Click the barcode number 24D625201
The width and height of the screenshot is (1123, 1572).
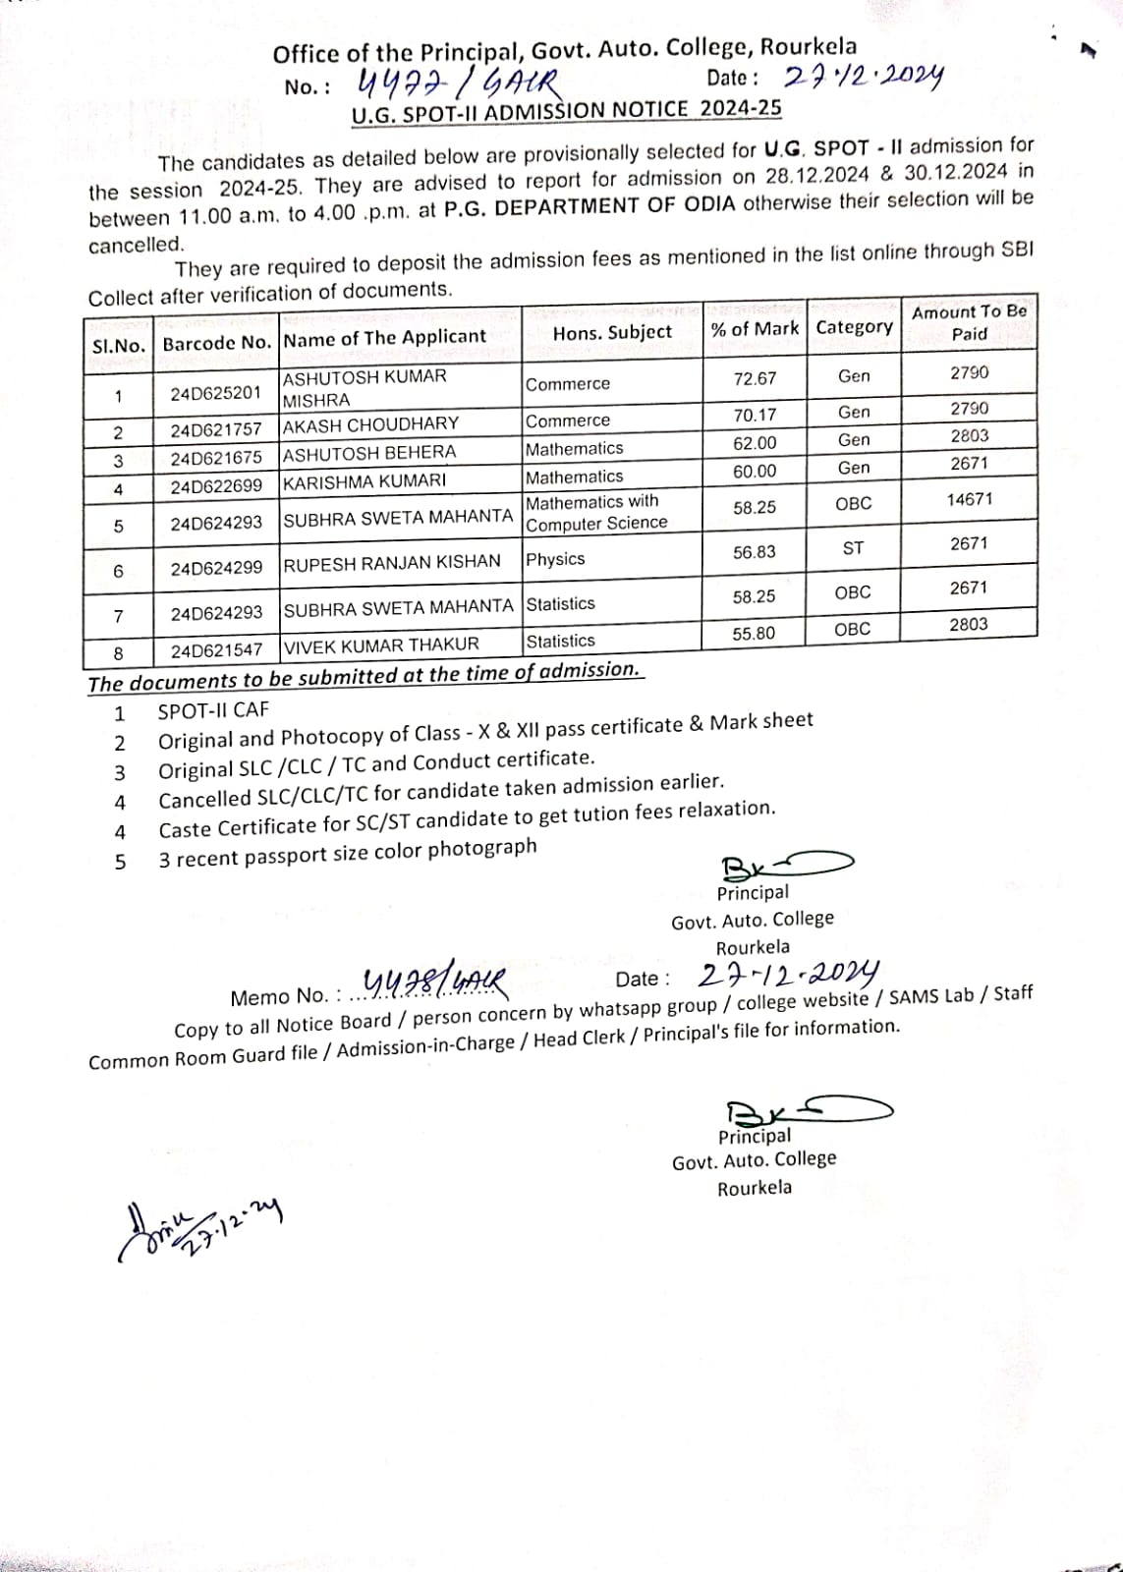(216, 393)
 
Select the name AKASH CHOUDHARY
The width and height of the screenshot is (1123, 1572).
(370, 424)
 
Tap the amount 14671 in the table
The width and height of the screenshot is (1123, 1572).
(969, 499)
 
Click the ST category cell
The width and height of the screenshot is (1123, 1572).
(853, 548)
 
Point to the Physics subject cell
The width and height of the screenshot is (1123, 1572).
(555, 559)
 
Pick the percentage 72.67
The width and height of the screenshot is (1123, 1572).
(755, 378)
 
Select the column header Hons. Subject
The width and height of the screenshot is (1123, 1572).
(612, 333)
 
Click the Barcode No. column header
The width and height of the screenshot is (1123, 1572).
(216, 343)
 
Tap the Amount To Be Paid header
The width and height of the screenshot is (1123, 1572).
(969, 322)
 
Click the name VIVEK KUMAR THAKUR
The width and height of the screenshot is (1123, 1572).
(381, 646)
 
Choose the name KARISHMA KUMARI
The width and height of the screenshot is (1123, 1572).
(365, 481)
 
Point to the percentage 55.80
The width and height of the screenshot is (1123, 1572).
(754, 634)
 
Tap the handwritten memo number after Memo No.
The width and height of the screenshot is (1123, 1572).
(435, 981)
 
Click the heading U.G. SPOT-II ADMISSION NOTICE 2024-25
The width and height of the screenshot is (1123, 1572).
(567, 110)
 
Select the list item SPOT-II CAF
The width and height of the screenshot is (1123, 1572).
(213, 709)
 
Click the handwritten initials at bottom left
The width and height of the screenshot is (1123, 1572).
(197, 1229)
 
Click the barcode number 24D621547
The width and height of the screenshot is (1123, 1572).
(216, 650)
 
